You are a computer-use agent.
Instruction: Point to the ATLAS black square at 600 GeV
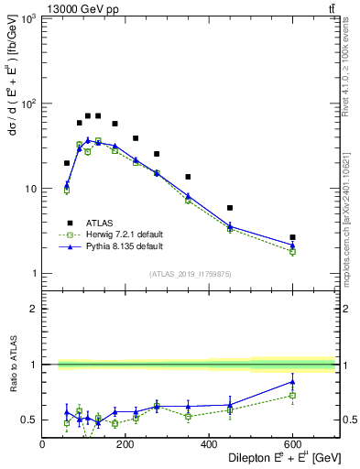pos(292,237)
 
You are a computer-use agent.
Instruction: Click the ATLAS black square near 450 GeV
pos(230,208)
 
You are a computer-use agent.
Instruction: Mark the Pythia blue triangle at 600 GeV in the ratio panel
pos(292,382)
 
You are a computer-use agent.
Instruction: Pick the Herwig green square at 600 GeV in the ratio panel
pos(292,396)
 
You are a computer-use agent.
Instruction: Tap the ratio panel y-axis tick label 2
pos(34,309)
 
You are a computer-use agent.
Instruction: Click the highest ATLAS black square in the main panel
pos(88,116)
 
